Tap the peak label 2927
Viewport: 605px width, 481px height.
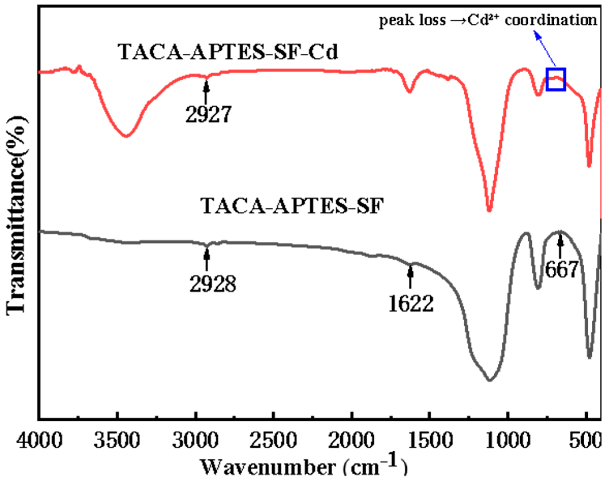(208, 114)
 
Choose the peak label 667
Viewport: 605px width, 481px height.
(561, 269)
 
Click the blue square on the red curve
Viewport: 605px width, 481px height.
(556, 79)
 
